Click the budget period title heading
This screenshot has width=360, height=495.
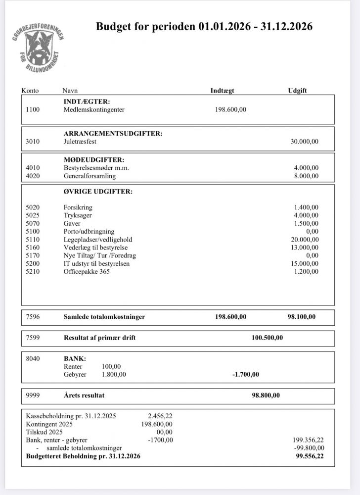(x=204, y=27)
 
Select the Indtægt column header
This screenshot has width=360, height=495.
(x=222, y=91)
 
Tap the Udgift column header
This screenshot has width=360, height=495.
(x=297, y=91)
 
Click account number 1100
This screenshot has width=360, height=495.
(x=32, y=109)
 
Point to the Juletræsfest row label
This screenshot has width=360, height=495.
(x=80, y=141)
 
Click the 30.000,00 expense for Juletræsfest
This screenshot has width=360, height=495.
(x=304, y=141)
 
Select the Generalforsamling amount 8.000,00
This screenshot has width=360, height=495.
(x=306, y=176)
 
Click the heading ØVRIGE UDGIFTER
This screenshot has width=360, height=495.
(x=98, y=192)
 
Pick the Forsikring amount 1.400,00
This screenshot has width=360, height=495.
(x=306, y=207)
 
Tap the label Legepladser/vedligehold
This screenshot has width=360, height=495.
(x=98, y=239)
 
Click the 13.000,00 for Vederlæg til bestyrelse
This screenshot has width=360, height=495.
(x=304, y=247)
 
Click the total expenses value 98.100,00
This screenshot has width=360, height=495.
(x=301, y=317)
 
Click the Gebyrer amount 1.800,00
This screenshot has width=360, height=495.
(x=114, y=374)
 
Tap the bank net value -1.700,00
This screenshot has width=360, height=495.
(x=245, y=374)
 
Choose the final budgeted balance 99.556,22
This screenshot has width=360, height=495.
(x=309, y=456)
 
